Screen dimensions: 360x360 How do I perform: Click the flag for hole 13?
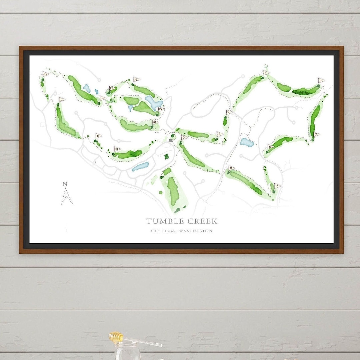tap(46, 74)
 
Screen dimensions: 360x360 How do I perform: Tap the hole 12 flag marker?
tap(62, 99)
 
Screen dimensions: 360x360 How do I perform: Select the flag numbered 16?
tap(136, 79)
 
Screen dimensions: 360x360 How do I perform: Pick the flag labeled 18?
tap(155, 122)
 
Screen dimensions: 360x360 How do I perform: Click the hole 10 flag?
tap(117, 149)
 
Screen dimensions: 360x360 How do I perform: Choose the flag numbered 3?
tap(266, 73)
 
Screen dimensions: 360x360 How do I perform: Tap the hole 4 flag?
tap(321, 80)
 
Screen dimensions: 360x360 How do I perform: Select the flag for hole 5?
tap(316, 135)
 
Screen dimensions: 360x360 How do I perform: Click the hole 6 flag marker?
tap(270, 146)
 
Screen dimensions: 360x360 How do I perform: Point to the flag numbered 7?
tap(277, 186)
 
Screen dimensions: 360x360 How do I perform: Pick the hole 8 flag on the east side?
tap(231, 168)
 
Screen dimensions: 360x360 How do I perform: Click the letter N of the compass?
tap(65, 184)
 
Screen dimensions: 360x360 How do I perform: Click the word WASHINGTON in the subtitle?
tap(195, 231)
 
